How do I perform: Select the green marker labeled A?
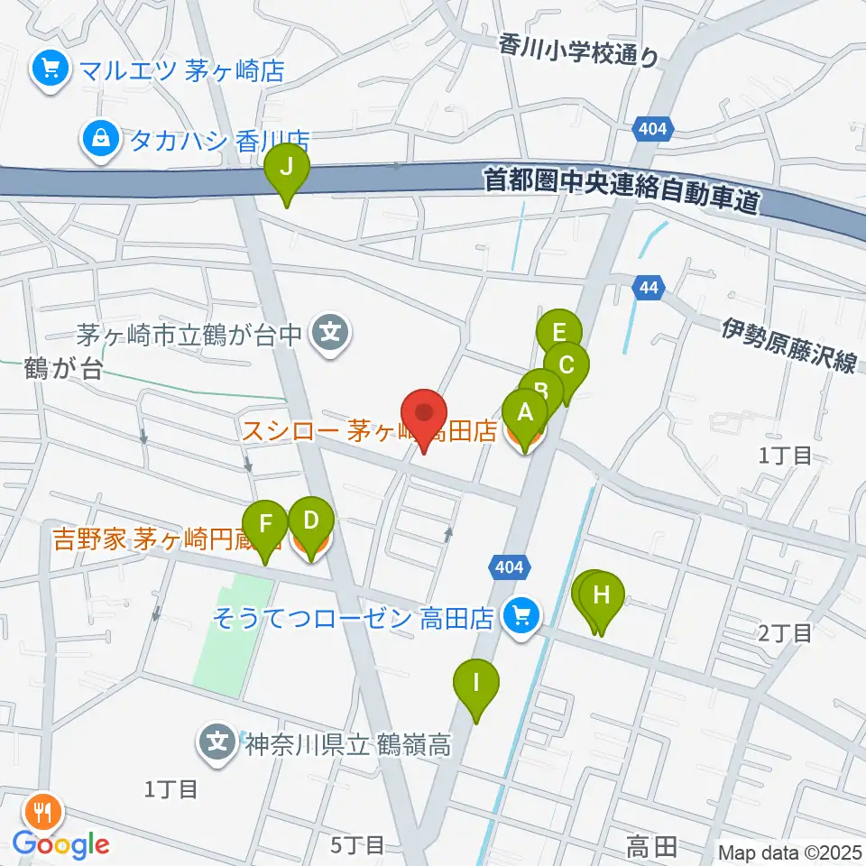pos(525,415)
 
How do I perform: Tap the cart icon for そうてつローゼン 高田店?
pos(521,618)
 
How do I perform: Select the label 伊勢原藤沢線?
pos(788,345)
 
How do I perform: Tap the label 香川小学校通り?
pos(592,49)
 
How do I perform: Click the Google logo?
pos(61,844)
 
